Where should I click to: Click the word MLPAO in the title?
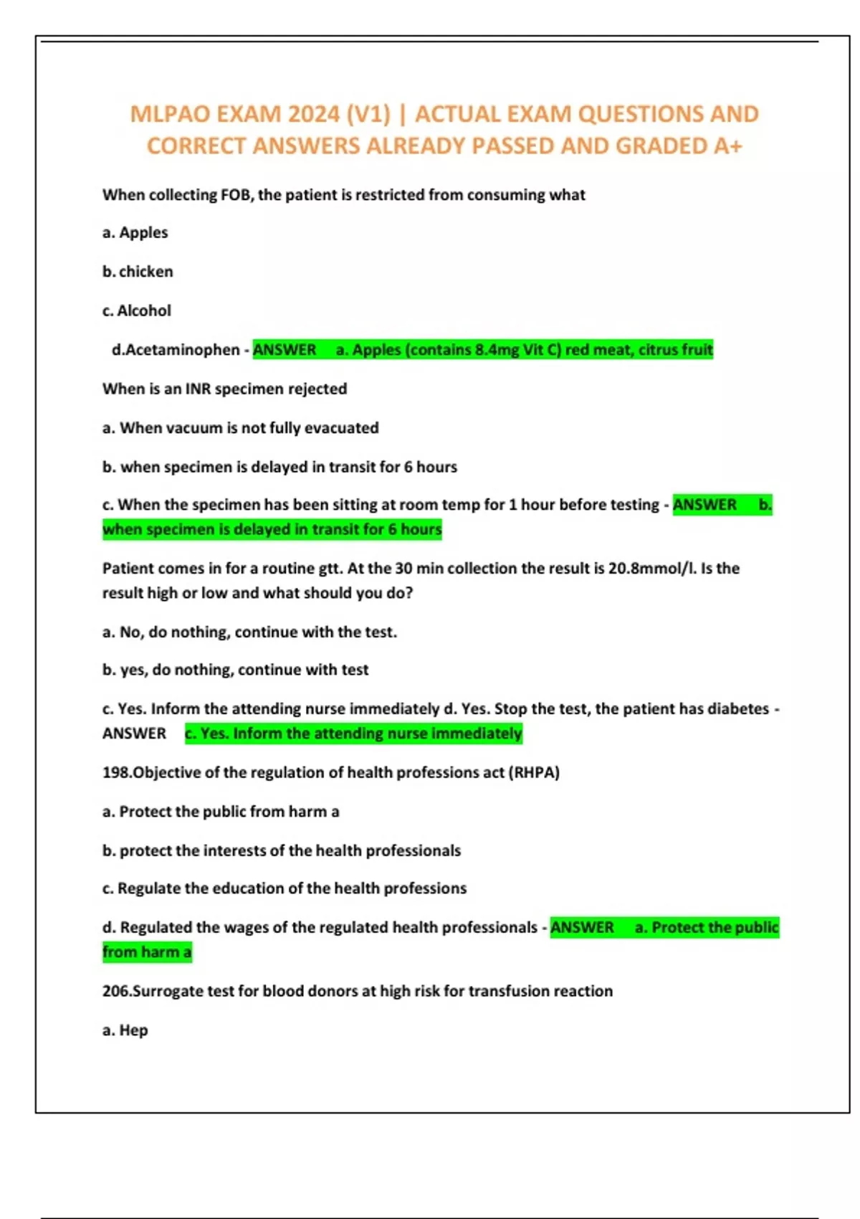pyautogui.click(x=170, y=114)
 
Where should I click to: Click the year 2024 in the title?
pyautogui.click(x=314, y=114)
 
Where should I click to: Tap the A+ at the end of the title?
pyautogui.click(x=728, y=146)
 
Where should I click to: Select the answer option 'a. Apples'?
pyautogui.click(x=135, y=232)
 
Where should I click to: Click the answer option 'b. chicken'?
pyautogui.click(x=138, y=272)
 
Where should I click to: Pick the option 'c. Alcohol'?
pyautogui.click(x=137, y=310)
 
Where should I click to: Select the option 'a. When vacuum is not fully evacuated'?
pyautogui.click(x=241, y=428)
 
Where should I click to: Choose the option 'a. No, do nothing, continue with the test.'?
pyautogui.click(x=249, y=632)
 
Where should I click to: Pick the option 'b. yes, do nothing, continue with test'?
pyautogui.click(x=235, y=670)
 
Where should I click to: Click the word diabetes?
pyautogui.click(x=737, y=708)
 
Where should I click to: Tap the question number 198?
pyautogui.click(x=117, y=772)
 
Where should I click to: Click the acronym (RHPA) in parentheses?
pyautogui.click(x=534, y=772)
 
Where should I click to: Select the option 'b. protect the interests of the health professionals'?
pyautogui.click(x=282, y=850)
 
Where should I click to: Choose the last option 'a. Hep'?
pyautogui.click(x=125, y=1030)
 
